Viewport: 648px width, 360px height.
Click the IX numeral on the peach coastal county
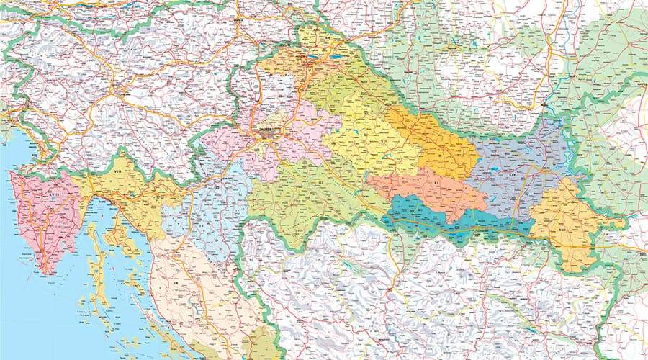coord(177,284)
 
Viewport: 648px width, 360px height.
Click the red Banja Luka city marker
coord(390,291)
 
